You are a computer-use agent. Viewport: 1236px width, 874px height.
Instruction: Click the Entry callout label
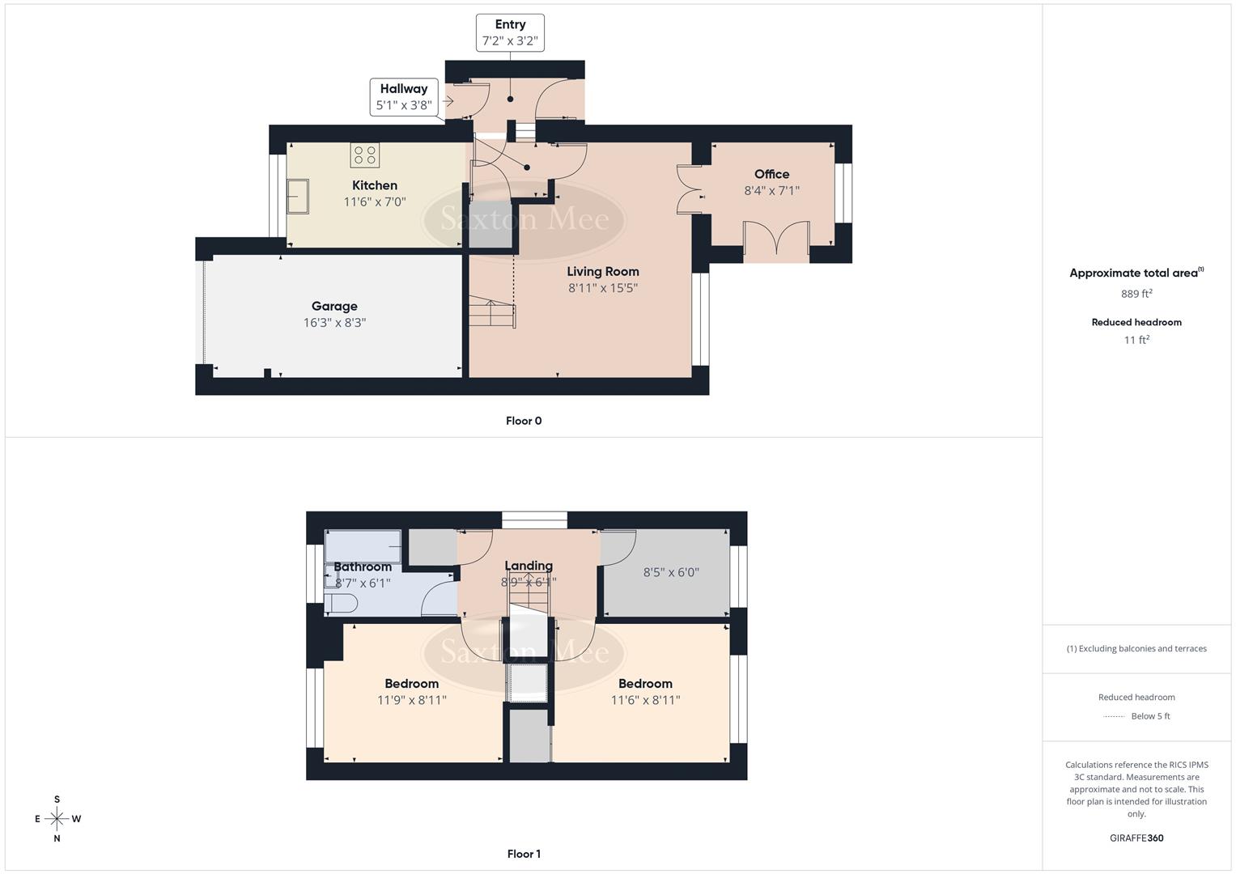click(x=510, y=32)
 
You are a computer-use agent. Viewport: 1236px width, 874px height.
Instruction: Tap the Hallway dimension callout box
click(x=404, y=97)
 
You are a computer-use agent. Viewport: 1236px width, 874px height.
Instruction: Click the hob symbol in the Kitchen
click(x=365, y=155)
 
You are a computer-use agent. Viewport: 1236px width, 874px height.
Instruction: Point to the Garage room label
click(x=334, y=306)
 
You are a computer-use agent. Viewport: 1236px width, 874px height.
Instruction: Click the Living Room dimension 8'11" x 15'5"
click(x=603, y=288)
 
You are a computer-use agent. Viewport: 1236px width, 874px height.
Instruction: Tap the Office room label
click(x=771, y=174)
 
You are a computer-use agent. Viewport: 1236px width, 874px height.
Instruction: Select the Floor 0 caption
click(x=524, y=421)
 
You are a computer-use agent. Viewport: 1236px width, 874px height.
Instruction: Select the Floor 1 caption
click(x=524, y=854)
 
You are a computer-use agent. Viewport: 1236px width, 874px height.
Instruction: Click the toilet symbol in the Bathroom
click(x=341, y=604)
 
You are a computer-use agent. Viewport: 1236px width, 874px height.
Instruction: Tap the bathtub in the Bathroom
click(x=363, y=546)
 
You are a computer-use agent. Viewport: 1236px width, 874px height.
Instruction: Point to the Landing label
click(x=529, y=566)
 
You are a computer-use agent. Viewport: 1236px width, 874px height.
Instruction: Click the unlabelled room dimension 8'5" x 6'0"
click(x=671, y=572)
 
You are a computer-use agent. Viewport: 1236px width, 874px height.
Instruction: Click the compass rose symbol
click(x=57, y=819)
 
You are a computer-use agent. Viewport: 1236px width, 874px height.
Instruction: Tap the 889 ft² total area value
click(x=1136, y=294)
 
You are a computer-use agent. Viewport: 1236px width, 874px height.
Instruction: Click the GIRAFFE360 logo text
click(x=1136, y=838)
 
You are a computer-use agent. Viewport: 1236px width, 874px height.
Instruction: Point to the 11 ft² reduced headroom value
click(x=1136, y=340)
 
